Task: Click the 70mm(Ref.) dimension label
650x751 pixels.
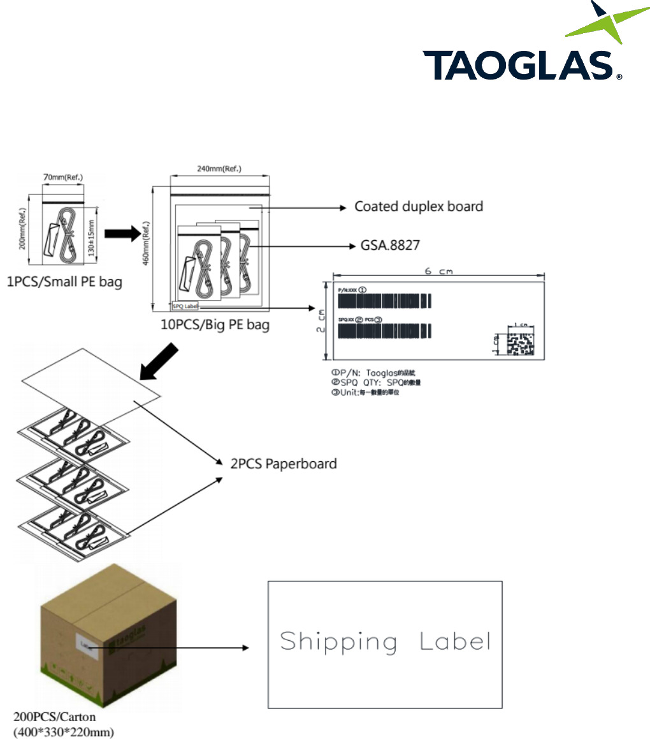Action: point(62,176)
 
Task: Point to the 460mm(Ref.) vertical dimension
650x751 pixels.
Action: point(146,246)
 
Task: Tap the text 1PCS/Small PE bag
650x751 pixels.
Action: point(64,281)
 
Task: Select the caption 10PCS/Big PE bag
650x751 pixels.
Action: point(215,325)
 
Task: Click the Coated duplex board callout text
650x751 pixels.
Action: point(419,206)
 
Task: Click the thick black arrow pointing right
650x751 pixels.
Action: point(122,234)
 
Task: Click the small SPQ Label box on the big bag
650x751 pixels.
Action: point(185,306)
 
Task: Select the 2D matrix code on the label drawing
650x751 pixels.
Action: point(519,343)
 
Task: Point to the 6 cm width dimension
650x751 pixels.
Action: point(438,271)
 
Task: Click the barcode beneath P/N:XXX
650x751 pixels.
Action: point(384,301)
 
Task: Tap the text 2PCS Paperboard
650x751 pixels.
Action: point(284,463)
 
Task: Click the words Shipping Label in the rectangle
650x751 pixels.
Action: point(385,641)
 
